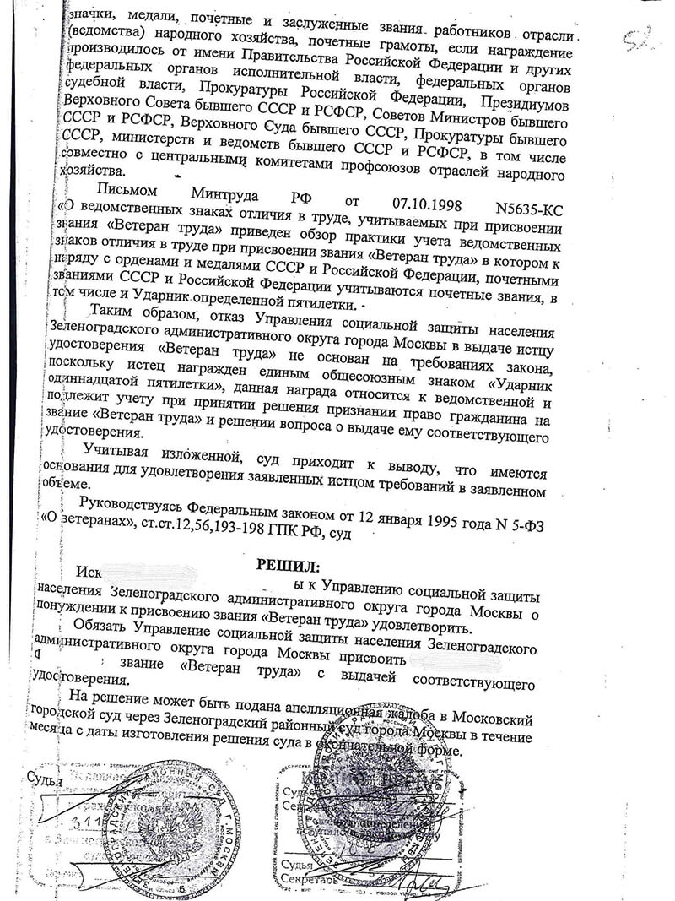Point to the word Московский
[490, 720]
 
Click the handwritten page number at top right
[640, 40]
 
